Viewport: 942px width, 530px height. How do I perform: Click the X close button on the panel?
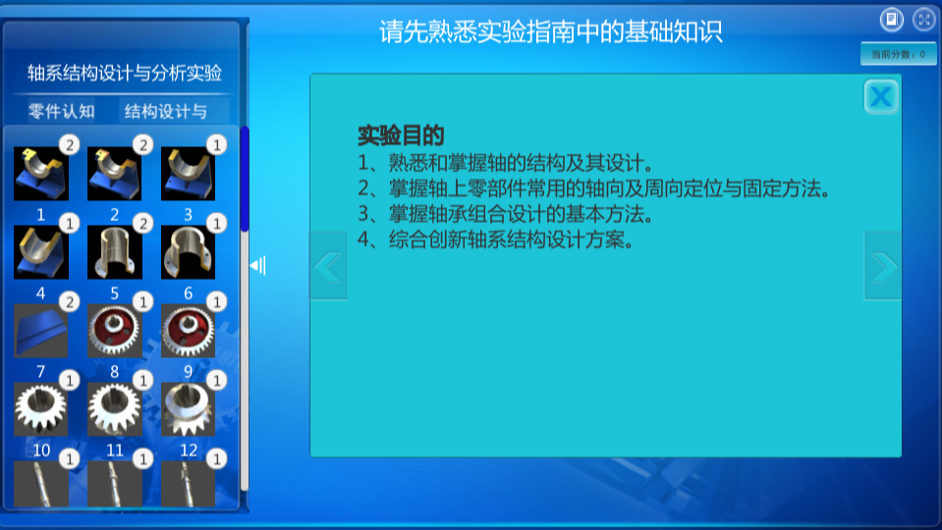881,96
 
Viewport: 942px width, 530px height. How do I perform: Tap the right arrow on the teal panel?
882,266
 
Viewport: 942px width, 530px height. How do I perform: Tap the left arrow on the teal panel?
328,266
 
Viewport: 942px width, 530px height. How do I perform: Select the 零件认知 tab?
61,111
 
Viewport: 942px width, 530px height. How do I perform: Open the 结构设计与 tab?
166,111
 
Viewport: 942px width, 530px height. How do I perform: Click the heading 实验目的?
401,135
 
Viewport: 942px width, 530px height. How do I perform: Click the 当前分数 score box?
898,54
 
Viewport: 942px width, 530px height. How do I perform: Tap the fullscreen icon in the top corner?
924,20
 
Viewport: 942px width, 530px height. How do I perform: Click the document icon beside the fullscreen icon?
892,20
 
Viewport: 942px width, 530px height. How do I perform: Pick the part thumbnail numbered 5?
114,252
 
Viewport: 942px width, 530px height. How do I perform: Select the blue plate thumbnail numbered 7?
41,331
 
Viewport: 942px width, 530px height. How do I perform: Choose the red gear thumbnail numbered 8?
114,331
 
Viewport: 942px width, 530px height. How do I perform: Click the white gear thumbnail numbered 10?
41,409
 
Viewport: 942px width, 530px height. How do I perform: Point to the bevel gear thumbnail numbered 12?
188,409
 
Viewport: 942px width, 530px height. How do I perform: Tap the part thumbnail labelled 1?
41,174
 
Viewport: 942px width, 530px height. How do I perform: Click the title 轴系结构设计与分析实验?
125,73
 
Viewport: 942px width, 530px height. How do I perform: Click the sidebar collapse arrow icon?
257,265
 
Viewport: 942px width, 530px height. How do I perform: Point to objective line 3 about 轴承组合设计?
505,214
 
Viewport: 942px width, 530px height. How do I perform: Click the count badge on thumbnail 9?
217,302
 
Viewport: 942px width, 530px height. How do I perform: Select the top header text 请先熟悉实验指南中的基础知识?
550,31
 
